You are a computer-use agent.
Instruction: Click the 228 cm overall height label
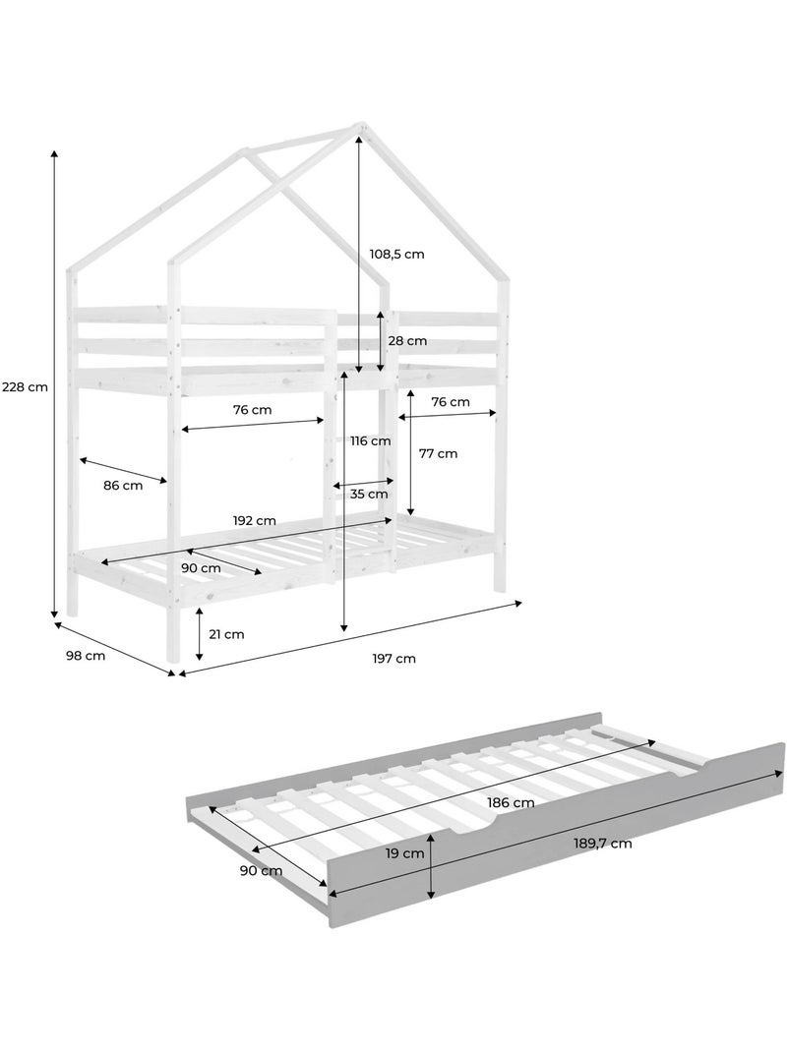coord(25,386)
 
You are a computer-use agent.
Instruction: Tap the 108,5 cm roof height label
coord(396,255)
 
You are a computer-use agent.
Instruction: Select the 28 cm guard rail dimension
coord(407,341)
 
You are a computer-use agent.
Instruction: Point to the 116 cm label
coord(370,440)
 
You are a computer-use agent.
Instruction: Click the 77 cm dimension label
coord(438,453)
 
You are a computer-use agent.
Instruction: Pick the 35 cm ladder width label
coord(369,495)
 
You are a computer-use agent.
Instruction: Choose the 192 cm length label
coord(254,521)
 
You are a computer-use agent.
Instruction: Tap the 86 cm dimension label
coord(123,486)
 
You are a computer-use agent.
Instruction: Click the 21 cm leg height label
coord(226,634)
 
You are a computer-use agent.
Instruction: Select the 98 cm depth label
coord(86,656)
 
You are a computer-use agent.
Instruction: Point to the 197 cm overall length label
coord(394,659)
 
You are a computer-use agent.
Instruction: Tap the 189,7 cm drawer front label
coord(602,844)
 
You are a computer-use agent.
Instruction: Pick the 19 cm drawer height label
coord(405,854)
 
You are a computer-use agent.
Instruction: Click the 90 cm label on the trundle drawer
coord(262,871)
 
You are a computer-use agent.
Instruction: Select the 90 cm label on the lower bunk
coord(201,568)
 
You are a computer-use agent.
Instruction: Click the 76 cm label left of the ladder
coord(253,410)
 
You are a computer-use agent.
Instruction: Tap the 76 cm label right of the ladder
coord(450,402)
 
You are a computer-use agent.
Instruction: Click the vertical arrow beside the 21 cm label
coord(200,634)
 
